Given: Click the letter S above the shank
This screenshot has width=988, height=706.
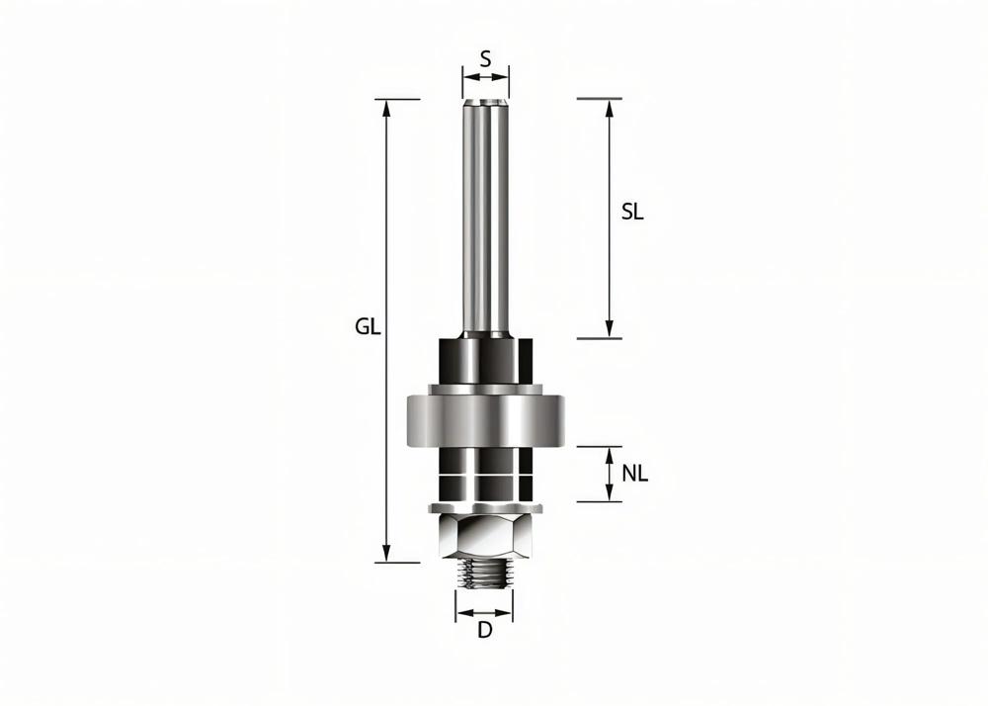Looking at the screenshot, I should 485,59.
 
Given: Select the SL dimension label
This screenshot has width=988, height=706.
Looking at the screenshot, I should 632,212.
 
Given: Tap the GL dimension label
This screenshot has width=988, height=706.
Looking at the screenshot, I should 369,327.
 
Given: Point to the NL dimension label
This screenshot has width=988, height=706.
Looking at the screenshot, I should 635,474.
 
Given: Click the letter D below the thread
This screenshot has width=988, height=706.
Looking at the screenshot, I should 484,631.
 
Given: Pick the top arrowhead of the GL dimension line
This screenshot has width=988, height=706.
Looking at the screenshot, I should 387,107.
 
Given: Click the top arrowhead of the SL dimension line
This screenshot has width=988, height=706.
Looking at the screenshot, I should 610,107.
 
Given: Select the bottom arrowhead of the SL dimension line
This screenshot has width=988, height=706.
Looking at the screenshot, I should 610,330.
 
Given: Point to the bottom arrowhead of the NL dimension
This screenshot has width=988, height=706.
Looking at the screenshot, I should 610,494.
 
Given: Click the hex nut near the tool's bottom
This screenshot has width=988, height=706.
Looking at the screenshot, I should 484,537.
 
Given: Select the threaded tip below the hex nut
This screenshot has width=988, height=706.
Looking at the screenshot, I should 484,574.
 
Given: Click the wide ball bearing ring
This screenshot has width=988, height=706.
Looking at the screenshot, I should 484,421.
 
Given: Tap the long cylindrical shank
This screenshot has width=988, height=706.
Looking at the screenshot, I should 485,218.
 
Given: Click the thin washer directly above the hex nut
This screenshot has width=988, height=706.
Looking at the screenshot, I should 484,508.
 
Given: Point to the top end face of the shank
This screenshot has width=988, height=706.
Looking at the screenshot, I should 485,101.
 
